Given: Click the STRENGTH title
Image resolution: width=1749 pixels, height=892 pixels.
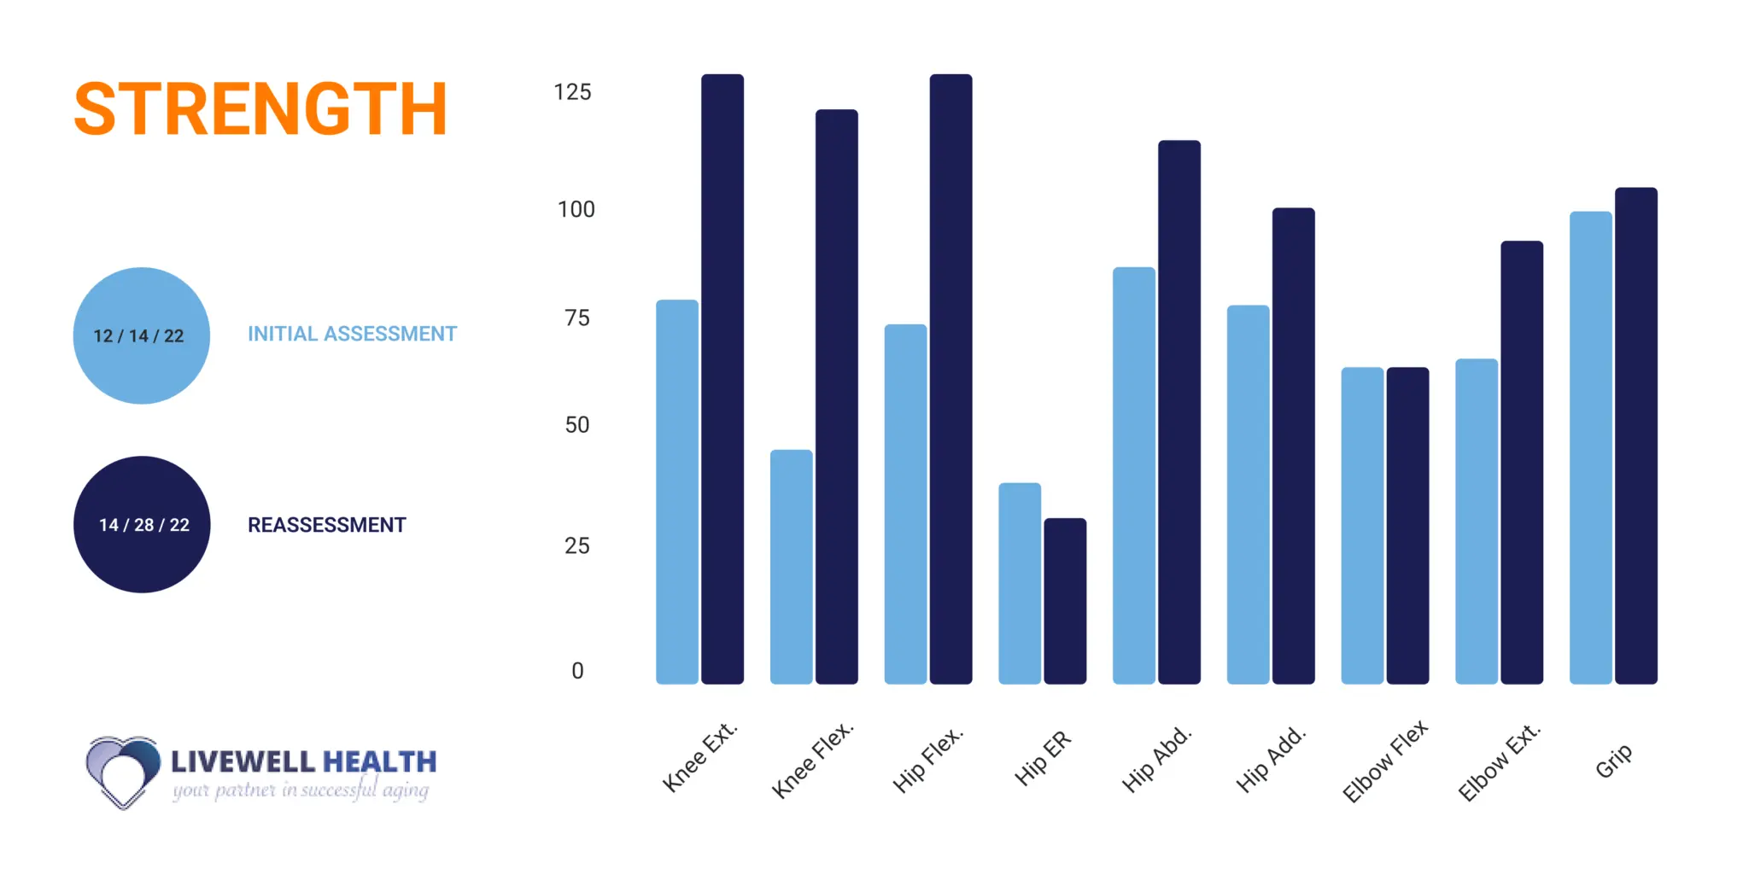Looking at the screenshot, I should (x=260, y=109).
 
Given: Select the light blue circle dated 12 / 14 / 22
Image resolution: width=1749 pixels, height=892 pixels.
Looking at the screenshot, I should (x=142, y=335).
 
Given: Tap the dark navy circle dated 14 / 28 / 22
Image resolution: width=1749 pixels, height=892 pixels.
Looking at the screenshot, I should (x=142, y=524).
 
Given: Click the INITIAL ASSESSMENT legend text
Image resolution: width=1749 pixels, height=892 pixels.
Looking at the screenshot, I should (x=352, y=334).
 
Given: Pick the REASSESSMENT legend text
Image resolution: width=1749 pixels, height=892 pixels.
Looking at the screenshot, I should (x=326, y=525).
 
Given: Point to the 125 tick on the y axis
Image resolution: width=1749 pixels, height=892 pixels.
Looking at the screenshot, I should (x=572, y=92).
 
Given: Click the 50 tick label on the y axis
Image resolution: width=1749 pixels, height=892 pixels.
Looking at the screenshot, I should (x=577, y=425).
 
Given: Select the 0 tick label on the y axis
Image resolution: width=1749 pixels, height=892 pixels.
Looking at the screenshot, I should (x=577, y=671).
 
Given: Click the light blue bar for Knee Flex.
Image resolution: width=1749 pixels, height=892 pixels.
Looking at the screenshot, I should (x=791, y=567).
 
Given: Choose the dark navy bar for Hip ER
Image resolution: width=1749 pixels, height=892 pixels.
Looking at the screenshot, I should (x=1065, y=601).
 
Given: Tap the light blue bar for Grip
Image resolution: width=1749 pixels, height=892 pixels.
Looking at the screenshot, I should (x=1590, y=448).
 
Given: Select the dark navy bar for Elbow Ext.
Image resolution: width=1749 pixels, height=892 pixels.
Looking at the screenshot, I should (x=1522, y=463).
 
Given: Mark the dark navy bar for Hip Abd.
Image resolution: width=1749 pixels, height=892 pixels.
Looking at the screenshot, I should (x=1179, y=412).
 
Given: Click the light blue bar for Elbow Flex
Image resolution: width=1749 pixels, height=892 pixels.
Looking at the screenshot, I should (x=1362, y=526).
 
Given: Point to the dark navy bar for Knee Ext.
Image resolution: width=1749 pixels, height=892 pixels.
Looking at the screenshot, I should (x=722, y=379).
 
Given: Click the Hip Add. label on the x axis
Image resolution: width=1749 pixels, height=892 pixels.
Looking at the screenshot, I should (x=1271, y=759).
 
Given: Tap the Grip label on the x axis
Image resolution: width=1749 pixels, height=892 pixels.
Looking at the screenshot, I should (x=1613, y=761).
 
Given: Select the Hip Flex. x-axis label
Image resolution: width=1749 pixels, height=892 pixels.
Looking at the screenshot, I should (x=927, y=759).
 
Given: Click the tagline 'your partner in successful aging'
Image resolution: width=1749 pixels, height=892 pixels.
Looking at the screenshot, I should (x=301, y=790).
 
